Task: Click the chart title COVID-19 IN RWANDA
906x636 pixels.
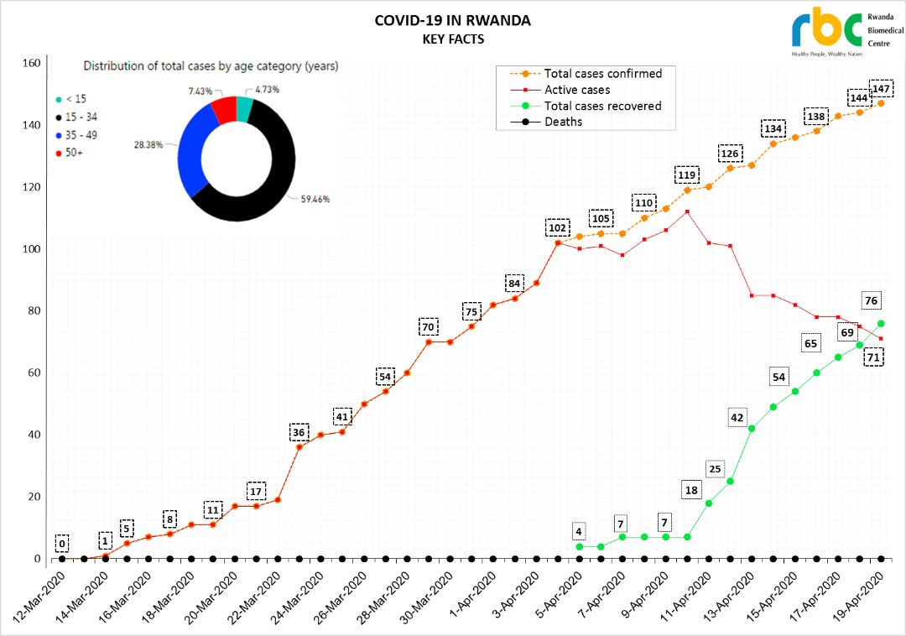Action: tap(452, 21)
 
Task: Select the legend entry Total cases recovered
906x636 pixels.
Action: tap(602, 106)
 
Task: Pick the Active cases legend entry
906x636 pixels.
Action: tap(577, 90)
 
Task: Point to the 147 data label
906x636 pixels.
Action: tap(881, 89)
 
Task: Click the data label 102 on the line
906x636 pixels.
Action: tap(557, 227)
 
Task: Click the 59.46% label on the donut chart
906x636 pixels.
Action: tap(315, 200)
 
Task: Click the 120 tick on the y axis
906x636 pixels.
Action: tap(30, 186)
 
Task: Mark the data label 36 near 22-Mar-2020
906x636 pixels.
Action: tap(299, 432)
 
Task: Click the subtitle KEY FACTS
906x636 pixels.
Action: tap(452, 39)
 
